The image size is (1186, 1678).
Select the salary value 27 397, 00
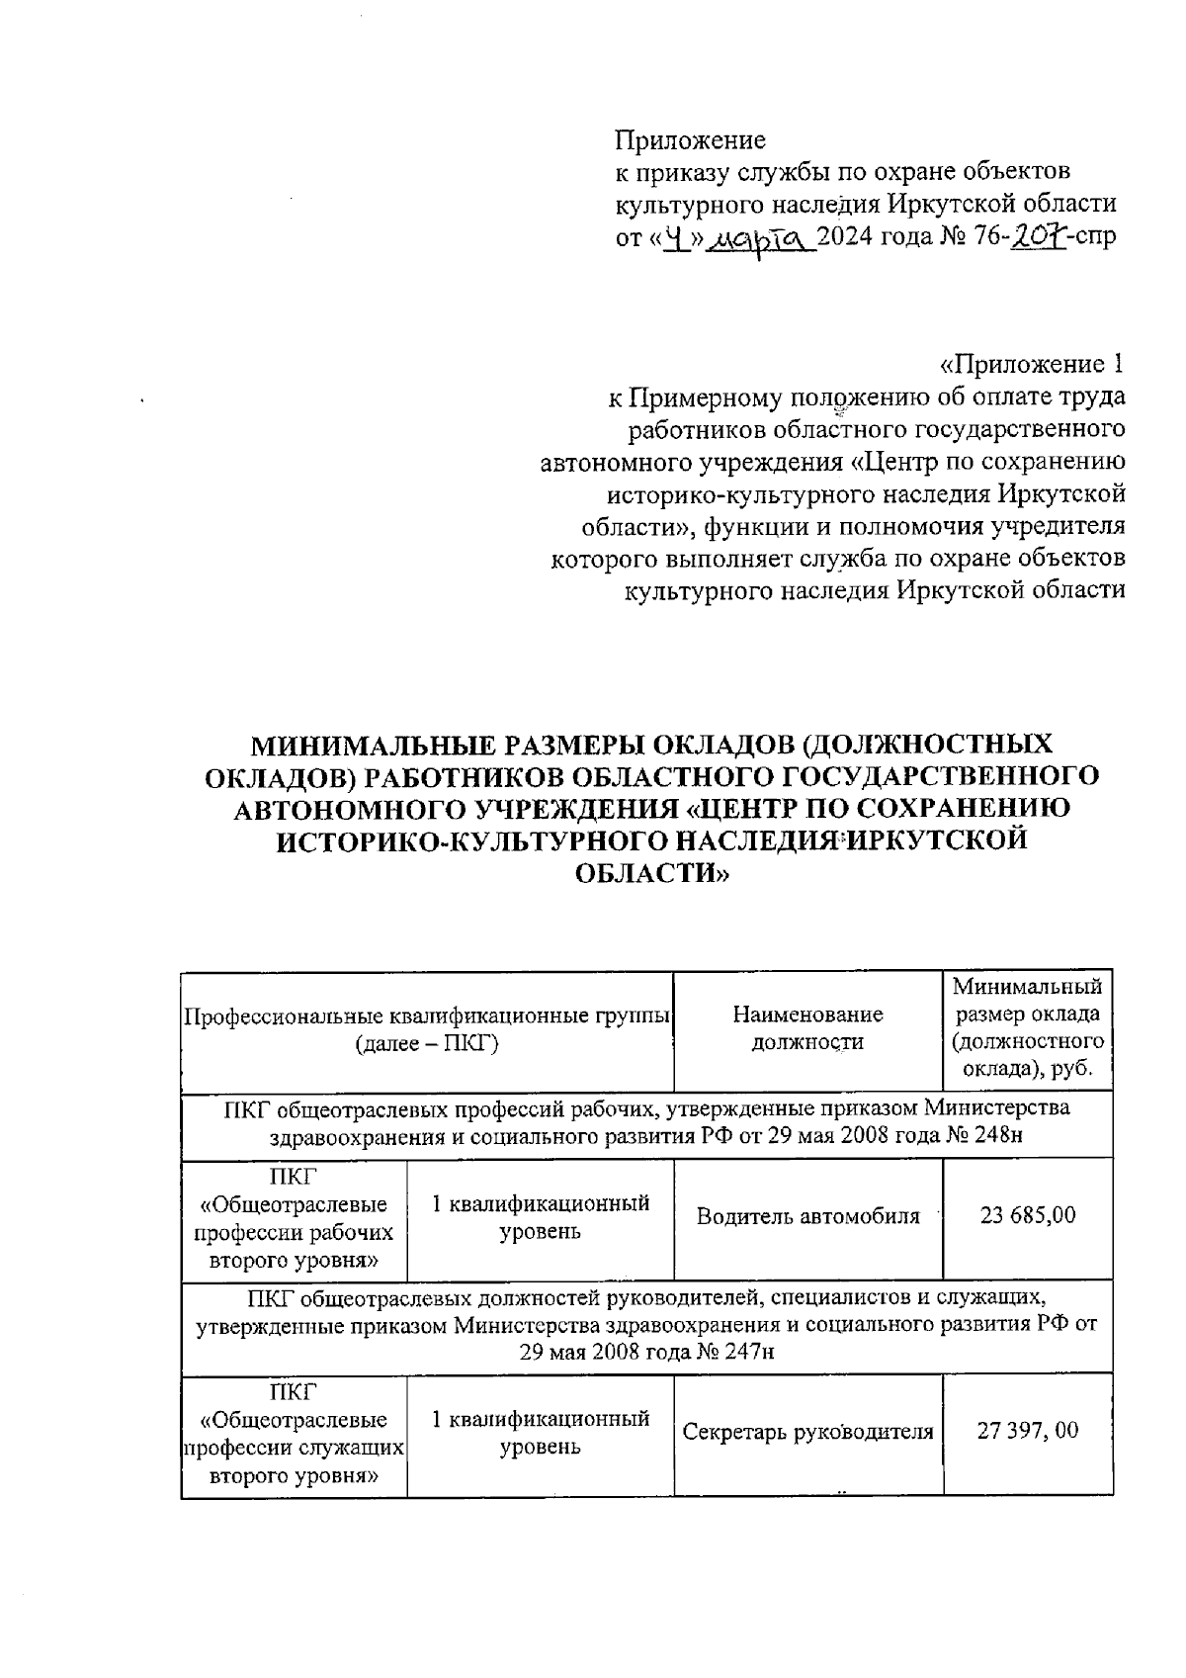point(1027,1430)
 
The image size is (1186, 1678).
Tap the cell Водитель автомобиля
point(807,1216)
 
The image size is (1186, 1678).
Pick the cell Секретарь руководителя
point(807,1431)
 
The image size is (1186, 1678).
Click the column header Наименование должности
point(807,1027)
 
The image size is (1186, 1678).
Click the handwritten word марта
point(762,238)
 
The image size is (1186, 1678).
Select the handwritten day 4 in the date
point(676,237)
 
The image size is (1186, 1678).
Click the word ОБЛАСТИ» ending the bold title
point(651,873)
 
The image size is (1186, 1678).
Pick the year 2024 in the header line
point(859,237)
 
